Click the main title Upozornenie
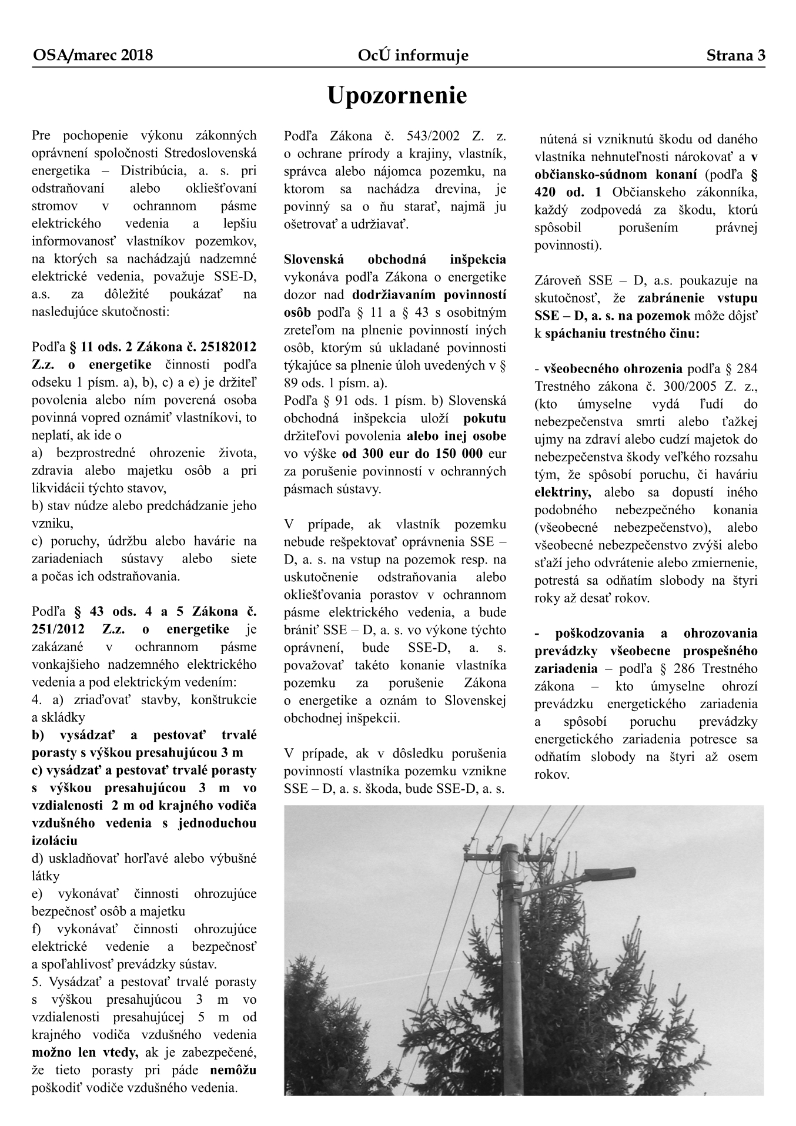pyautogui.click(x=397, y=96)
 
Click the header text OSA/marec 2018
pyautogui.click(x=93, y=56)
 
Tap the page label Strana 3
pyautogui.click(x=735, y=56)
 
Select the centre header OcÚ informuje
pyautogui.click(x=413, y=56)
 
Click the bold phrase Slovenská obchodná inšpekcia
pyautogui.click(x=394, y=259)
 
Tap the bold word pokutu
pyautogui.click(x=484, y=418)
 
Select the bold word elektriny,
pyautogui.click(x=563, y=492)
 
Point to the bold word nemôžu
pyautogui.click(x=233, y=1070)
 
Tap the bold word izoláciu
pyautogui.click(x=55, y=840)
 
